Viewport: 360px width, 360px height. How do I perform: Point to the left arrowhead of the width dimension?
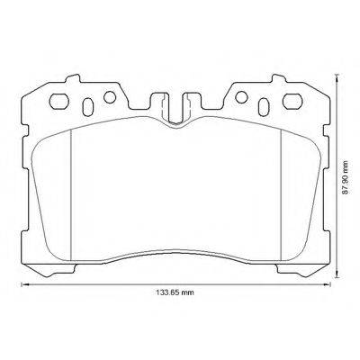click(24, 285)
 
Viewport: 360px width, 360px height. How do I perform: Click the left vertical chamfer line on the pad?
click(72, 189)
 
